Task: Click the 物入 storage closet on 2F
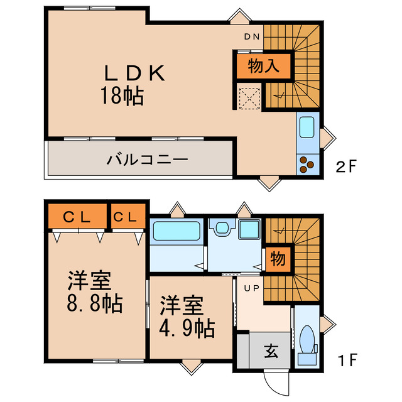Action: (264, 66)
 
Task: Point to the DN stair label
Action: (251, 36)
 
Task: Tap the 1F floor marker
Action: (347, 361)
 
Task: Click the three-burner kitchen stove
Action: (308, 163)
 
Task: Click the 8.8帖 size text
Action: (94, 305)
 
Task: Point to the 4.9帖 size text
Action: (187, 327)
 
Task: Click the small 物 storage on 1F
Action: (277, 258)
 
